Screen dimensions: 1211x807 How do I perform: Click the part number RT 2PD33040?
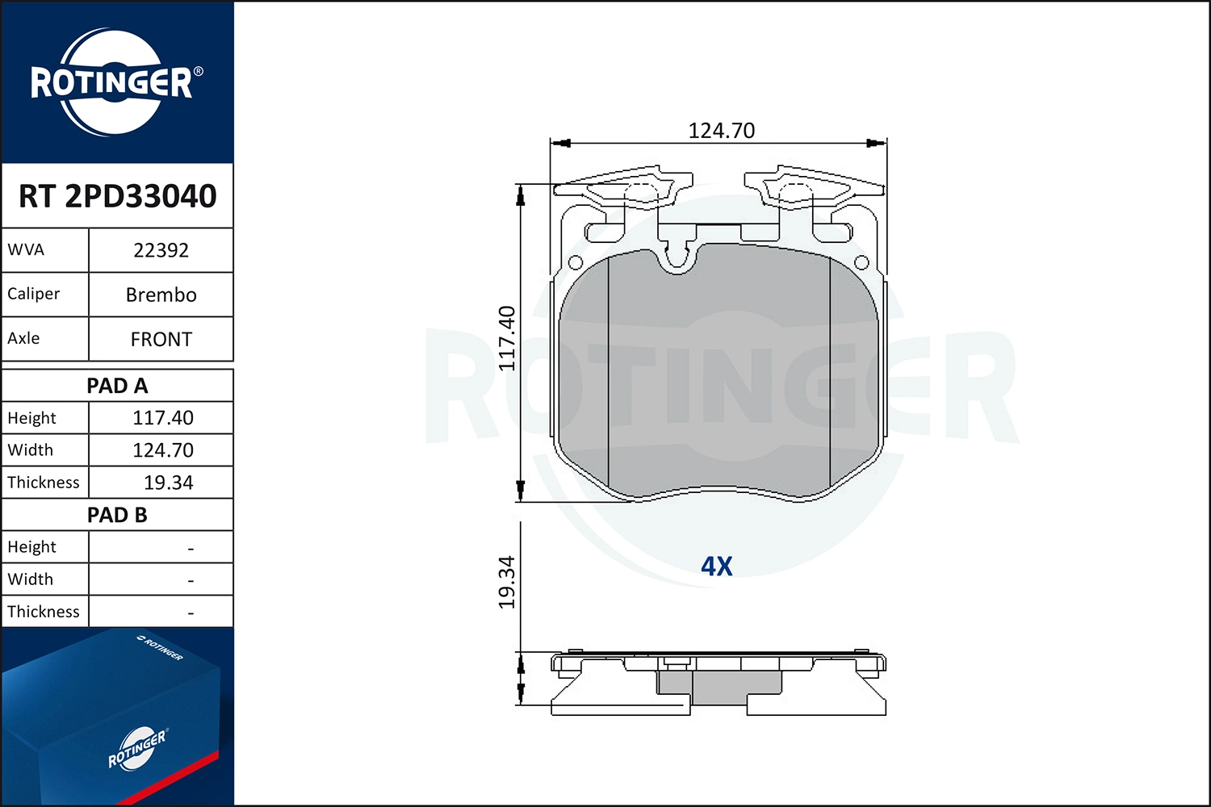[x=117, y=195]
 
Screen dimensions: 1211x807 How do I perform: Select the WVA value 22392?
[x=161, y=250]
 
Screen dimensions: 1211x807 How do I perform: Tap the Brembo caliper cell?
[x=161, y=295]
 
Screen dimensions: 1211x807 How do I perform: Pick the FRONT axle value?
[x=161, y=340]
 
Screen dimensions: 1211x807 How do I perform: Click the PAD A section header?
[x=117, y=386]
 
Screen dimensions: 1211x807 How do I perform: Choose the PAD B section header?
[x=117, y=515]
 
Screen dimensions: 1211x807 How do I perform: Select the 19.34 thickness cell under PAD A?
[x=168, y=483]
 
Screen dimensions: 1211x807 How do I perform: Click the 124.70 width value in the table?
[x=163, y=450]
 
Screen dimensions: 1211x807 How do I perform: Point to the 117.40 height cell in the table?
[x=163, y=418]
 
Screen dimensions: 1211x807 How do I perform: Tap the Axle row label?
[x=23, y=338]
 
